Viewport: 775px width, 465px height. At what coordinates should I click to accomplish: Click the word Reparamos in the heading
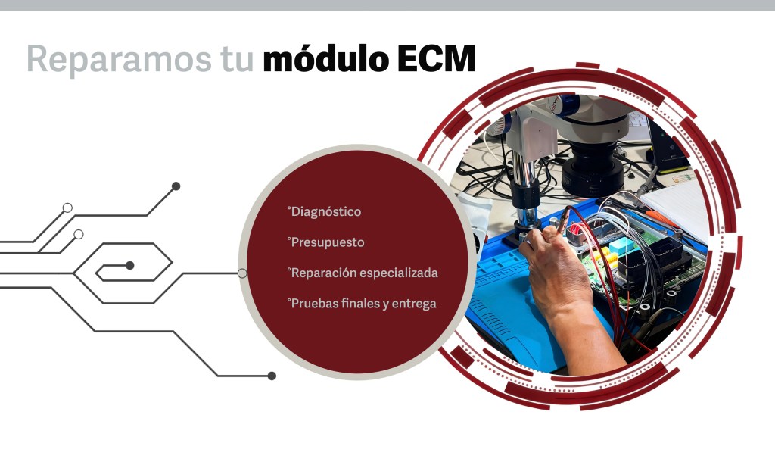119,60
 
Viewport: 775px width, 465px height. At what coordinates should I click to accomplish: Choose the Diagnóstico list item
324,212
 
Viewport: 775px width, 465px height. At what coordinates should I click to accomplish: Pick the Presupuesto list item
325,242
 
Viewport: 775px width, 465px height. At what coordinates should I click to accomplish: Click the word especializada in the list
399,273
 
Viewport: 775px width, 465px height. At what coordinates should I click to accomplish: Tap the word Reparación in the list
324,273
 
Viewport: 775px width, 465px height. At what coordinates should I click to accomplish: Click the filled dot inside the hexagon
130,266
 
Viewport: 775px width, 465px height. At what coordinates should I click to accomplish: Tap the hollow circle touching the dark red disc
242,273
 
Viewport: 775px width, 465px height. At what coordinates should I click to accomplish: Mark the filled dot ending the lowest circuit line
272,376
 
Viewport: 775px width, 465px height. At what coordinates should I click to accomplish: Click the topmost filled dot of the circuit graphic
176,186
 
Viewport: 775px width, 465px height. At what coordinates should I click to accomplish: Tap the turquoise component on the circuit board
622,245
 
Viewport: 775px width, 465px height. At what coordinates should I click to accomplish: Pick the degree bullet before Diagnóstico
288,208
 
